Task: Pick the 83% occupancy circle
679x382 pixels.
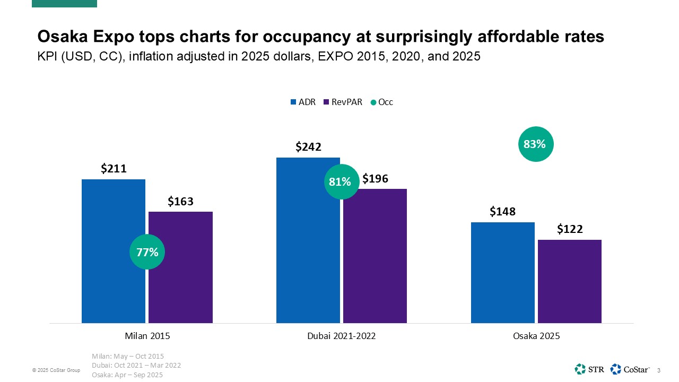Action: click(x=535, y=143)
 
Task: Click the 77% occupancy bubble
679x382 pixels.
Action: click(x=147, y=252)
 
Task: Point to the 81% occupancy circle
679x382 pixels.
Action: click(x=341, y=181)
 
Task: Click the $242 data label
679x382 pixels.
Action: click(x=308, y=147)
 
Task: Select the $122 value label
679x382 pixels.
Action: click(x=570, y=229)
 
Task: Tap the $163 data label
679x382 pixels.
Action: click(x=180, y=201)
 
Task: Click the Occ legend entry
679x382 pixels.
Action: click(x=382, y=102)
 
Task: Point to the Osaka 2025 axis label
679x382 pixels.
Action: click(x=536, y=336)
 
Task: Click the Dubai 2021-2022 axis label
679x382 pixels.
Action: click(x=342, y=336)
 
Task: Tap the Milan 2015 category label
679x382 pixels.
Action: click(x=147, y=336)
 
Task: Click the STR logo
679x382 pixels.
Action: click(x=589, y=369)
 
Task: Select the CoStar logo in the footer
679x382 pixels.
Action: click(x=631, y=369)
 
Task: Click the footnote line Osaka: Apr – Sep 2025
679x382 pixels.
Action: click(x=127, y=375)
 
